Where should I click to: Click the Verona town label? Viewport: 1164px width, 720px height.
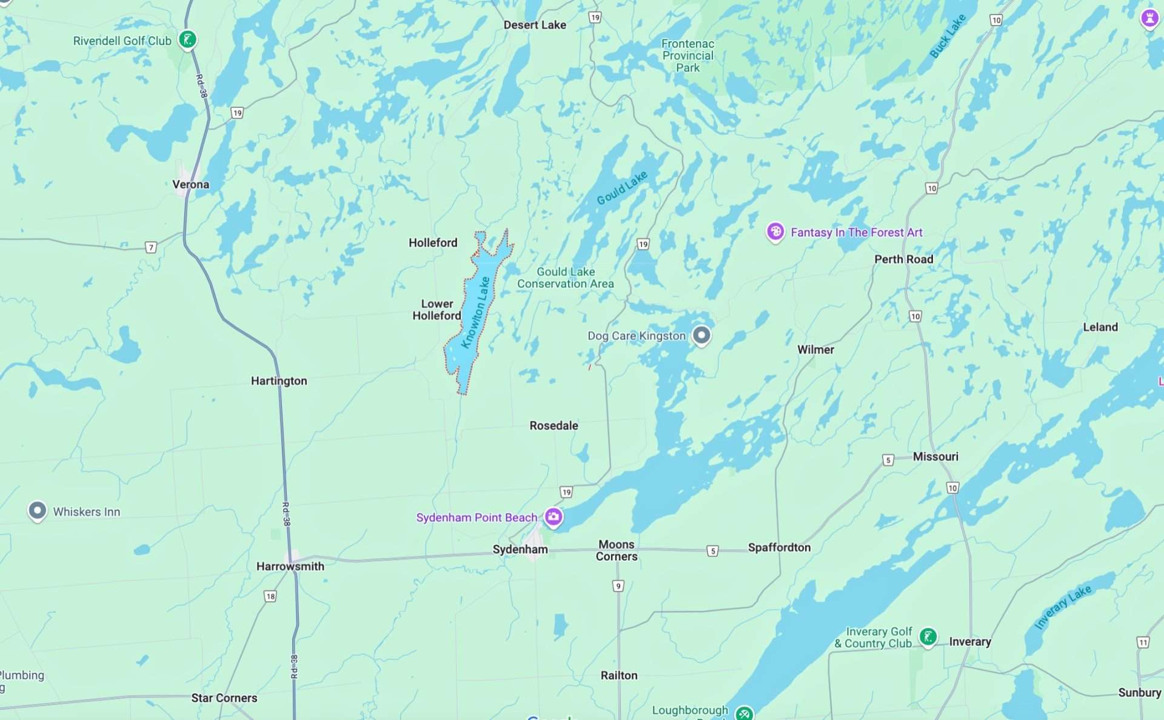pos(190,184)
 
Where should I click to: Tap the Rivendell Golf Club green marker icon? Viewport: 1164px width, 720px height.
pos(188,39)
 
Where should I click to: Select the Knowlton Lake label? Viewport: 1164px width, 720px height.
pos(475,312)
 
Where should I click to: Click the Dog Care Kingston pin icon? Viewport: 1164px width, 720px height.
pos(701,335)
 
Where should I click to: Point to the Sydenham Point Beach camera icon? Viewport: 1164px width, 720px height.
pos(553,516)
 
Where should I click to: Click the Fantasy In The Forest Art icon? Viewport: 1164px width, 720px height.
pos(775,232)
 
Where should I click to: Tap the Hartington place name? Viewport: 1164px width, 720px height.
pos(279,381)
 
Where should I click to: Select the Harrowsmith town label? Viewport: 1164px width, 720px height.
pos(290,566)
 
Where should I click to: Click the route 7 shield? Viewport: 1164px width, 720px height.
pos(151,247)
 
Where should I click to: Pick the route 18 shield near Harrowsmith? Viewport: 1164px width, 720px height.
pos(270,596)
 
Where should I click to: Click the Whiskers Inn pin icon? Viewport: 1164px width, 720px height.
pos(37,510)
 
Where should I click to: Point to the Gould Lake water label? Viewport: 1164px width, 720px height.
pos(622,187)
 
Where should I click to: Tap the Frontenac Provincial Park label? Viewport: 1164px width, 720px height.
pos(687,56)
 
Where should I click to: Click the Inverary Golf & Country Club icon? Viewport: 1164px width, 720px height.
pos(928,636)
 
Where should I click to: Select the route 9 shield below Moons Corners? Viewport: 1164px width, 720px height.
pos(618,585)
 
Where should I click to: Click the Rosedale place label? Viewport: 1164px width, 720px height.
pos(554,425)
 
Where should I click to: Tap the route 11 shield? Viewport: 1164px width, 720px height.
pos(1143,642)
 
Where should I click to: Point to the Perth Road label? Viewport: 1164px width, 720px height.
pos(903,259)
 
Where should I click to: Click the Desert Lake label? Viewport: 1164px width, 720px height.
pos(535,25)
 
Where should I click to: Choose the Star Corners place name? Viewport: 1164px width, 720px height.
pos(224,698)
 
